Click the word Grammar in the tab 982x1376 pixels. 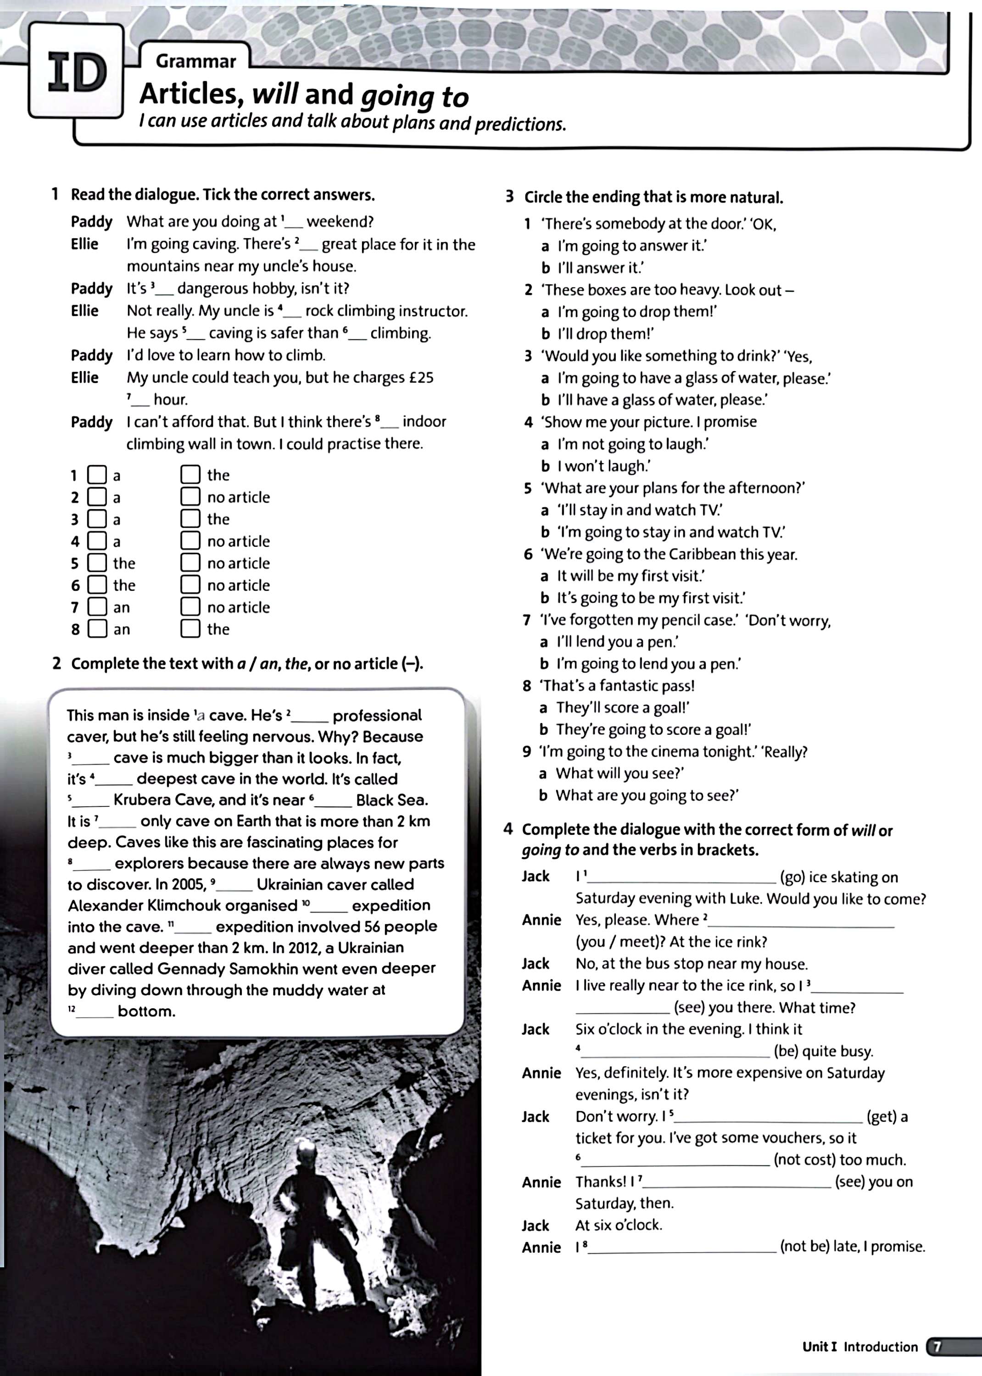[x=195, y=61]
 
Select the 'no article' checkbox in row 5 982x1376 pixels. [x=190, y=563]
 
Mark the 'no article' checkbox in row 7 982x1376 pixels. [x=190, y=607]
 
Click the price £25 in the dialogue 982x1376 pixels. [x=421, y=377]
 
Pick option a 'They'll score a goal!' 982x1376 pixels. [x=623, y=708]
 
